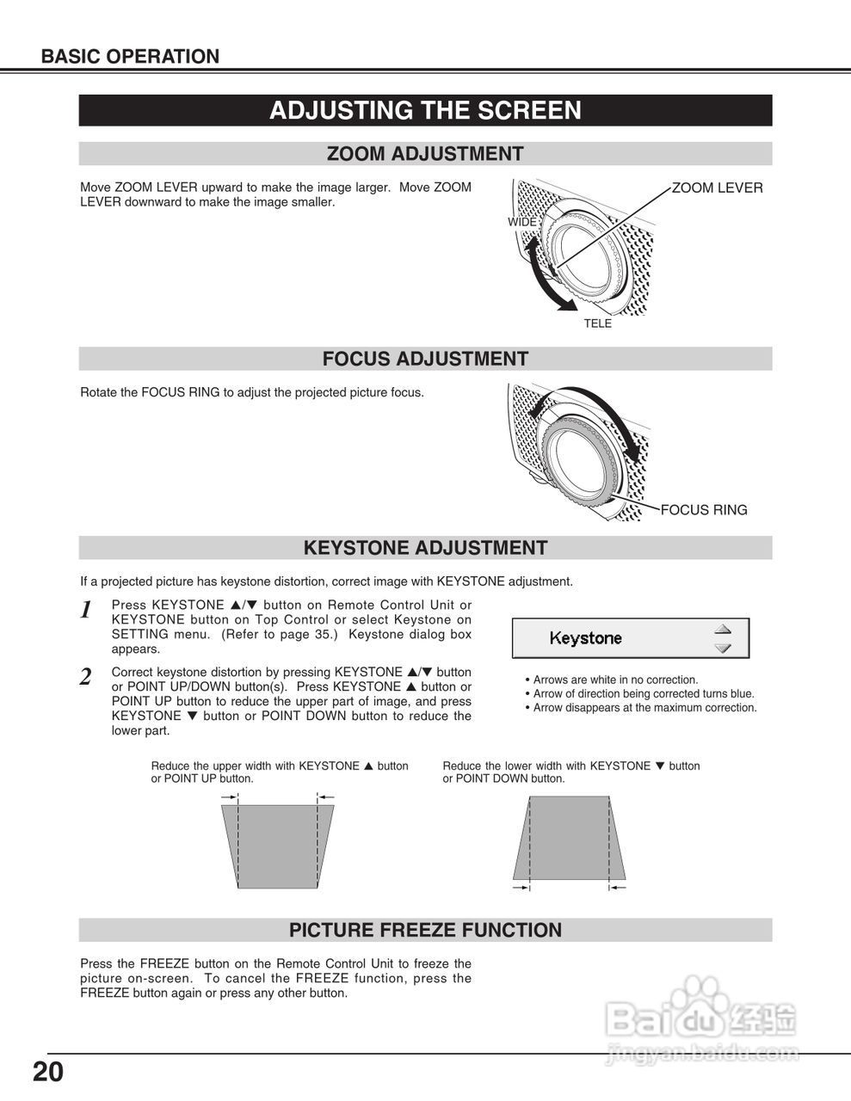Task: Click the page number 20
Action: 48,1073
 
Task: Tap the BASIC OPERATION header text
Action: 130,57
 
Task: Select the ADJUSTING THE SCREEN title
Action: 425,111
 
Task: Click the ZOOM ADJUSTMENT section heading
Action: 425,154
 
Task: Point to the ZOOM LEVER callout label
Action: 717,188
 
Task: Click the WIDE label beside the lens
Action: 521,222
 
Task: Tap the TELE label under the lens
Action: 597,323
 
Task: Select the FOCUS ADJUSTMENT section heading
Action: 425,359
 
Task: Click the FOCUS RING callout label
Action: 704,510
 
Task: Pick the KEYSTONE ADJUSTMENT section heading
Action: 425,548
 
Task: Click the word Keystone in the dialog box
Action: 585,638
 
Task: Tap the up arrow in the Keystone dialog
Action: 723,629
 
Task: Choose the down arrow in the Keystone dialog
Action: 723,649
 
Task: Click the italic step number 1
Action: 86,611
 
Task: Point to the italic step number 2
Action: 86,677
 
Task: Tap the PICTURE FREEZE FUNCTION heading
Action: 425,930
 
